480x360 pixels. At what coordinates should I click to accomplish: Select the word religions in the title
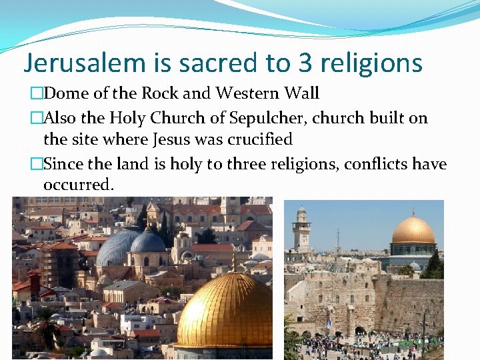pos(374,63)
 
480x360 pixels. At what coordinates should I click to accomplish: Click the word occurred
pos(78,184)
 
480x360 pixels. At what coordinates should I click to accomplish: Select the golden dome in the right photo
pos(413,230)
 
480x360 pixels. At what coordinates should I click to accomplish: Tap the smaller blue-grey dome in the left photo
pos(148,242)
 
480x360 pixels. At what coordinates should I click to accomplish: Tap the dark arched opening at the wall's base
pos(360,329)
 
